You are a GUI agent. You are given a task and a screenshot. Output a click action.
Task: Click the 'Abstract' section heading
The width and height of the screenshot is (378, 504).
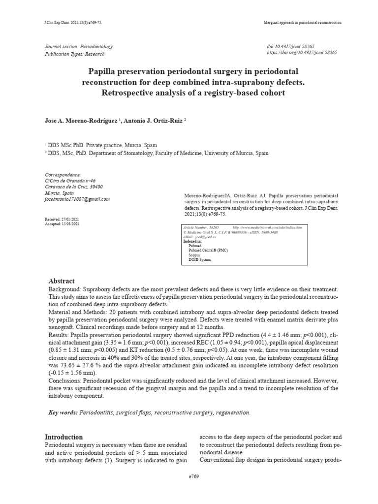click(61, 281)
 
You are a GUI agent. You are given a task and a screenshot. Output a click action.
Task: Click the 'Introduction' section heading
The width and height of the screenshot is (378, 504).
click(64, 437)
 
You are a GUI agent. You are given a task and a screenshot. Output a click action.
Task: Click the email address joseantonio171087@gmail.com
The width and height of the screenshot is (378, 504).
click(77, 199)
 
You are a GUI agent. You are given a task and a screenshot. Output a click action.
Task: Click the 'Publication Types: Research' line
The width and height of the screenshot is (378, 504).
click(75, 54)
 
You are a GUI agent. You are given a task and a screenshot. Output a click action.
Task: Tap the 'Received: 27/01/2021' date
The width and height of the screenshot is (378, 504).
click(62, 219)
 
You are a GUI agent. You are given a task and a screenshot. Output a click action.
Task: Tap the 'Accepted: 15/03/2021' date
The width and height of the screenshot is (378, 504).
click(62, 223)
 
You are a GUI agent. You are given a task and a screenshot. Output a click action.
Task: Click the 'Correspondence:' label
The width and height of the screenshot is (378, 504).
click(63, 175)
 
